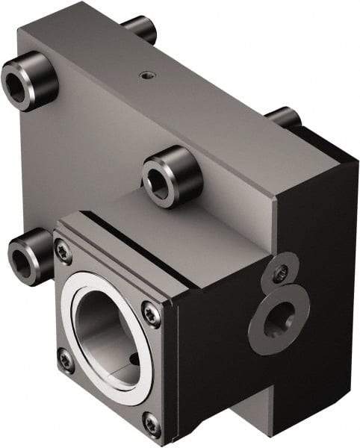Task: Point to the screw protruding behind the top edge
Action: tap(140, 28)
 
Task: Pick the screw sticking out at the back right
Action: tap(285, 117)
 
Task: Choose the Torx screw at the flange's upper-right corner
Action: tap(152, 316)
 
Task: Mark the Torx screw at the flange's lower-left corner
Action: tap(66, 361)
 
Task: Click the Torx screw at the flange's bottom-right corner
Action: tap(152, 424)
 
